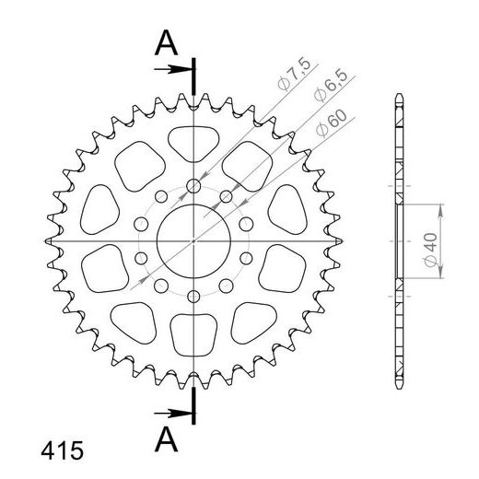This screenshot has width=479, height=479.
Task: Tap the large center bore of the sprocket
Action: pos(193,239)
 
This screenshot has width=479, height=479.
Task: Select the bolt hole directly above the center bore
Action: pos(193,187)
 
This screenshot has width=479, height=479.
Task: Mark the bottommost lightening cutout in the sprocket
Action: pos(193,336)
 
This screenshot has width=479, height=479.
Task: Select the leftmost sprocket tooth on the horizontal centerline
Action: pos(47,239)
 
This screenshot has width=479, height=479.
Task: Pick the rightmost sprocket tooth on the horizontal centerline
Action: pos(340,239)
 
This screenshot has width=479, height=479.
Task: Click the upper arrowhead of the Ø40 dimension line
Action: pos(441,208)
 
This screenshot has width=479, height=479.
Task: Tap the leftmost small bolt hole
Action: pos(142,224)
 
